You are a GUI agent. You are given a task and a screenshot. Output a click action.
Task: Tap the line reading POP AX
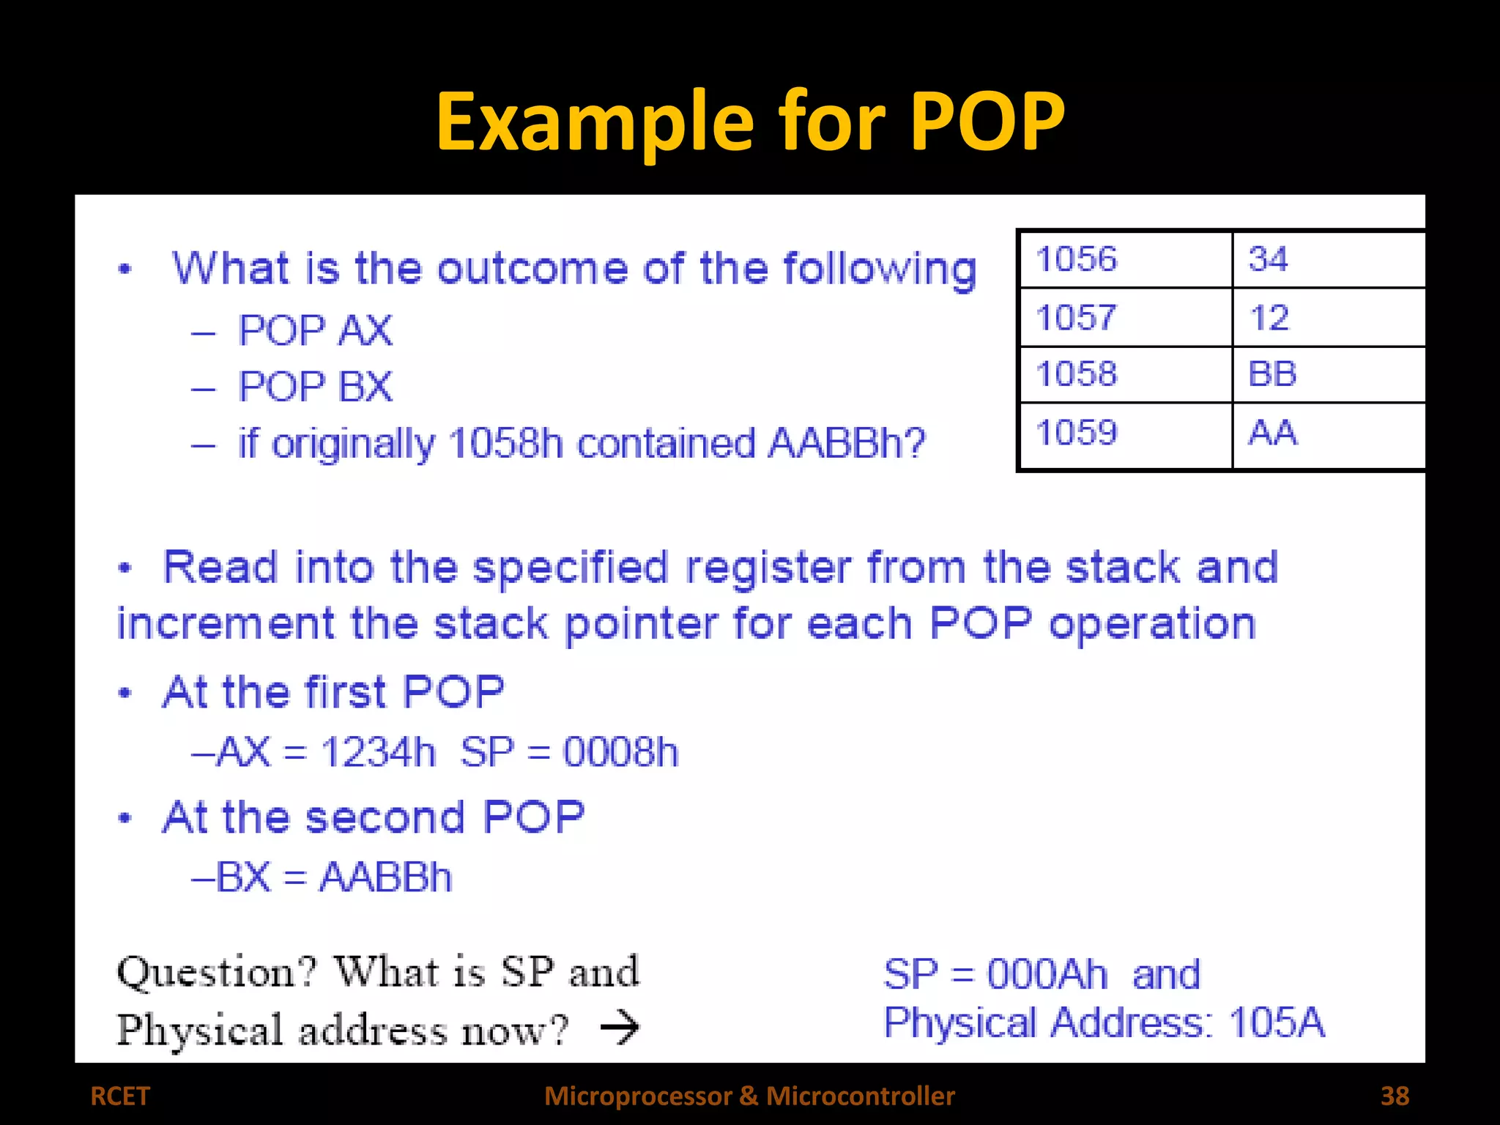tap(315, 330)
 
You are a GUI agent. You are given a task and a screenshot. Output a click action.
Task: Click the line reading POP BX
tap(315, 387)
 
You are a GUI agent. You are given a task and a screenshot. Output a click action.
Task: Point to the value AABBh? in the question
tap(847, 443)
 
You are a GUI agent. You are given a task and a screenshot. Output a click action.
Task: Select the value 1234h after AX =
tap(377, 752)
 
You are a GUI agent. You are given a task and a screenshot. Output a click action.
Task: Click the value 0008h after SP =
tap(620, 752)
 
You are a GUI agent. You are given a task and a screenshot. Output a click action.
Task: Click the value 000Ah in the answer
tap(1047, 975)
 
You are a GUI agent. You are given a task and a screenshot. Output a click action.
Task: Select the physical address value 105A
tap(1277, 1022)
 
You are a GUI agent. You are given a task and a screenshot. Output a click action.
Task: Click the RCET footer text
tap(119, 1096)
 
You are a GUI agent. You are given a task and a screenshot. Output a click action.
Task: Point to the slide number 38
tap(1395, 1096)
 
